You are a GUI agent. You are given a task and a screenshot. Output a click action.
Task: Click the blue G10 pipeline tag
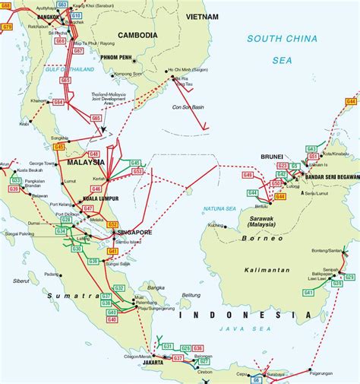pos(77,15)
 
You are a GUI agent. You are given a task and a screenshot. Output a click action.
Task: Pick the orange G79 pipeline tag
pos(8,27)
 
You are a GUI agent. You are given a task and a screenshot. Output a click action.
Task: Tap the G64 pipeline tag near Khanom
pos(59,101)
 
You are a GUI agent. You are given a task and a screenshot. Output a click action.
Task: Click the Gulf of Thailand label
pos(71,70)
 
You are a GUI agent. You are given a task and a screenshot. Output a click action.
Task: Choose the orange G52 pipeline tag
pos(112,224)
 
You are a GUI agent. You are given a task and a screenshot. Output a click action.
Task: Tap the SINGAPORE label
pos(134,232)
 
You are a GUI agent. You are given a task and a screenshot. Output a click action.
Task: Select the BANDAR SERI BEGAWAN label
pos(331,177)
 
